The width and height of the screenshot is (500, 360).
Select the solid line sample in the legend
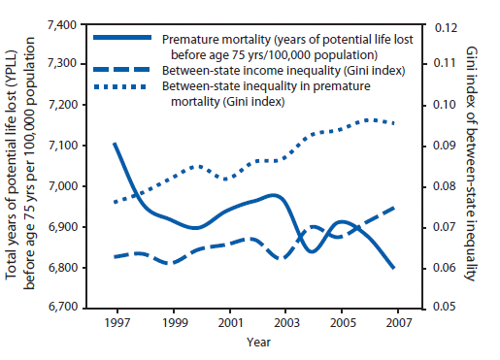click(122, 37)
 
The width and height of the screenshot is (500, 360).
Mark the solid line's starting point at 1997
click(115, 144)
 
